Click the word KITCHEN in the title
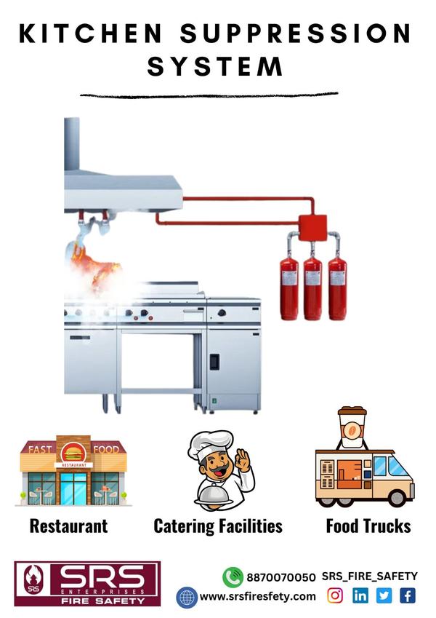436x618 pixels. click(x=91, y=33)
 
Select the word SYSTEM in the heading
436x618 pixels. click(x=215, y=66)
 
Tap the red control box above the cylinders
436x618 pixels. click(x=312, y=227)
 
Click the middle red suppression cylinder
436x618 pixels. click(x=313, y=288)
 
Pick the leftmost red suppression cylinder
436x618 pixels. click(x=288, y=288)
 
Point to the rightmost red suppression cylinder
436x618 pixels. click(x=337, y=288)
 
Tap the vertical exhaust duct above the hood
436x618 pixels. click(x=72, y=144)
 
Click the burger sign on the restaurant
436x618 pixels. click(x=73, y=453)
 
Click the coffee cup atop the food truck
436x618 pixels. click(x=352, y=427)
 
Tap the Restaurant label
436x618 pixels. click(x=68, y=526)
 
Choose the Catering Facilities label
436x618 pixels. click(x=218, y=526)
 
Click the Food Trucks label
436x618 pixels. click(x=368, y=526)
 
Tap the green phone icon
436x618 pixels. click(x=233, y=577)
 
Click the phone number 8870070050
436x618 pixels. click(x=281, y=577)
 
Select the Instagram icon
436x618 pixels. click(x=335, y=595)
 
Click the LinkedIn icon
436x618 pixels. click(x=360, y=595)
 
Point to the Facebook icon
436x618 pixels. click(x=408, y=595)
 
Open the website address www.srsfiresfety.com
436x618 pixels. click(x=258, y=597)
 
